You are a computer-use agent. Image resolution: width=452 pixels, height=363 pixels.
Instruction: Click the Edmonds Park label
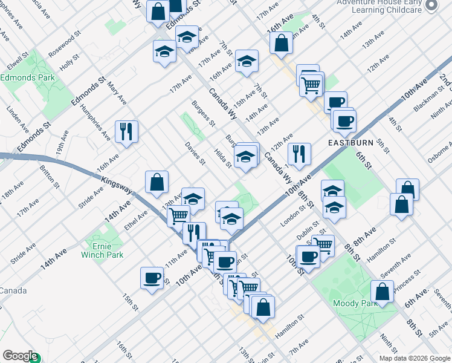28,77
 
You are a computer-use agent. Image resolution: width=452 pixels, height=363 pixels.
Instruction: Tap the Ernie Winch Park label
102,250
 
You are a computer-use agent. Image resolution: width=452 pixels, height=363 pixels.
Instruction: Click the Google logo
20,356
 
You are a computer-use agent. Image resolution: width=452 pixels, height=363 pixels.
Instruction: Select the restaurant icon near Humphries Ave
126,131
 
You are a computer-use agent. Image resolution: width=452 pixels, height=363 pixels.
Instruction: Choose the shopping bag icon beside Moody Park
383,292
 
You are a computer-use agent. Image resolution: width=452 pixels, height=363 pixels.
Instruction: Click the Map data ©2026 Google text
414,358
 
